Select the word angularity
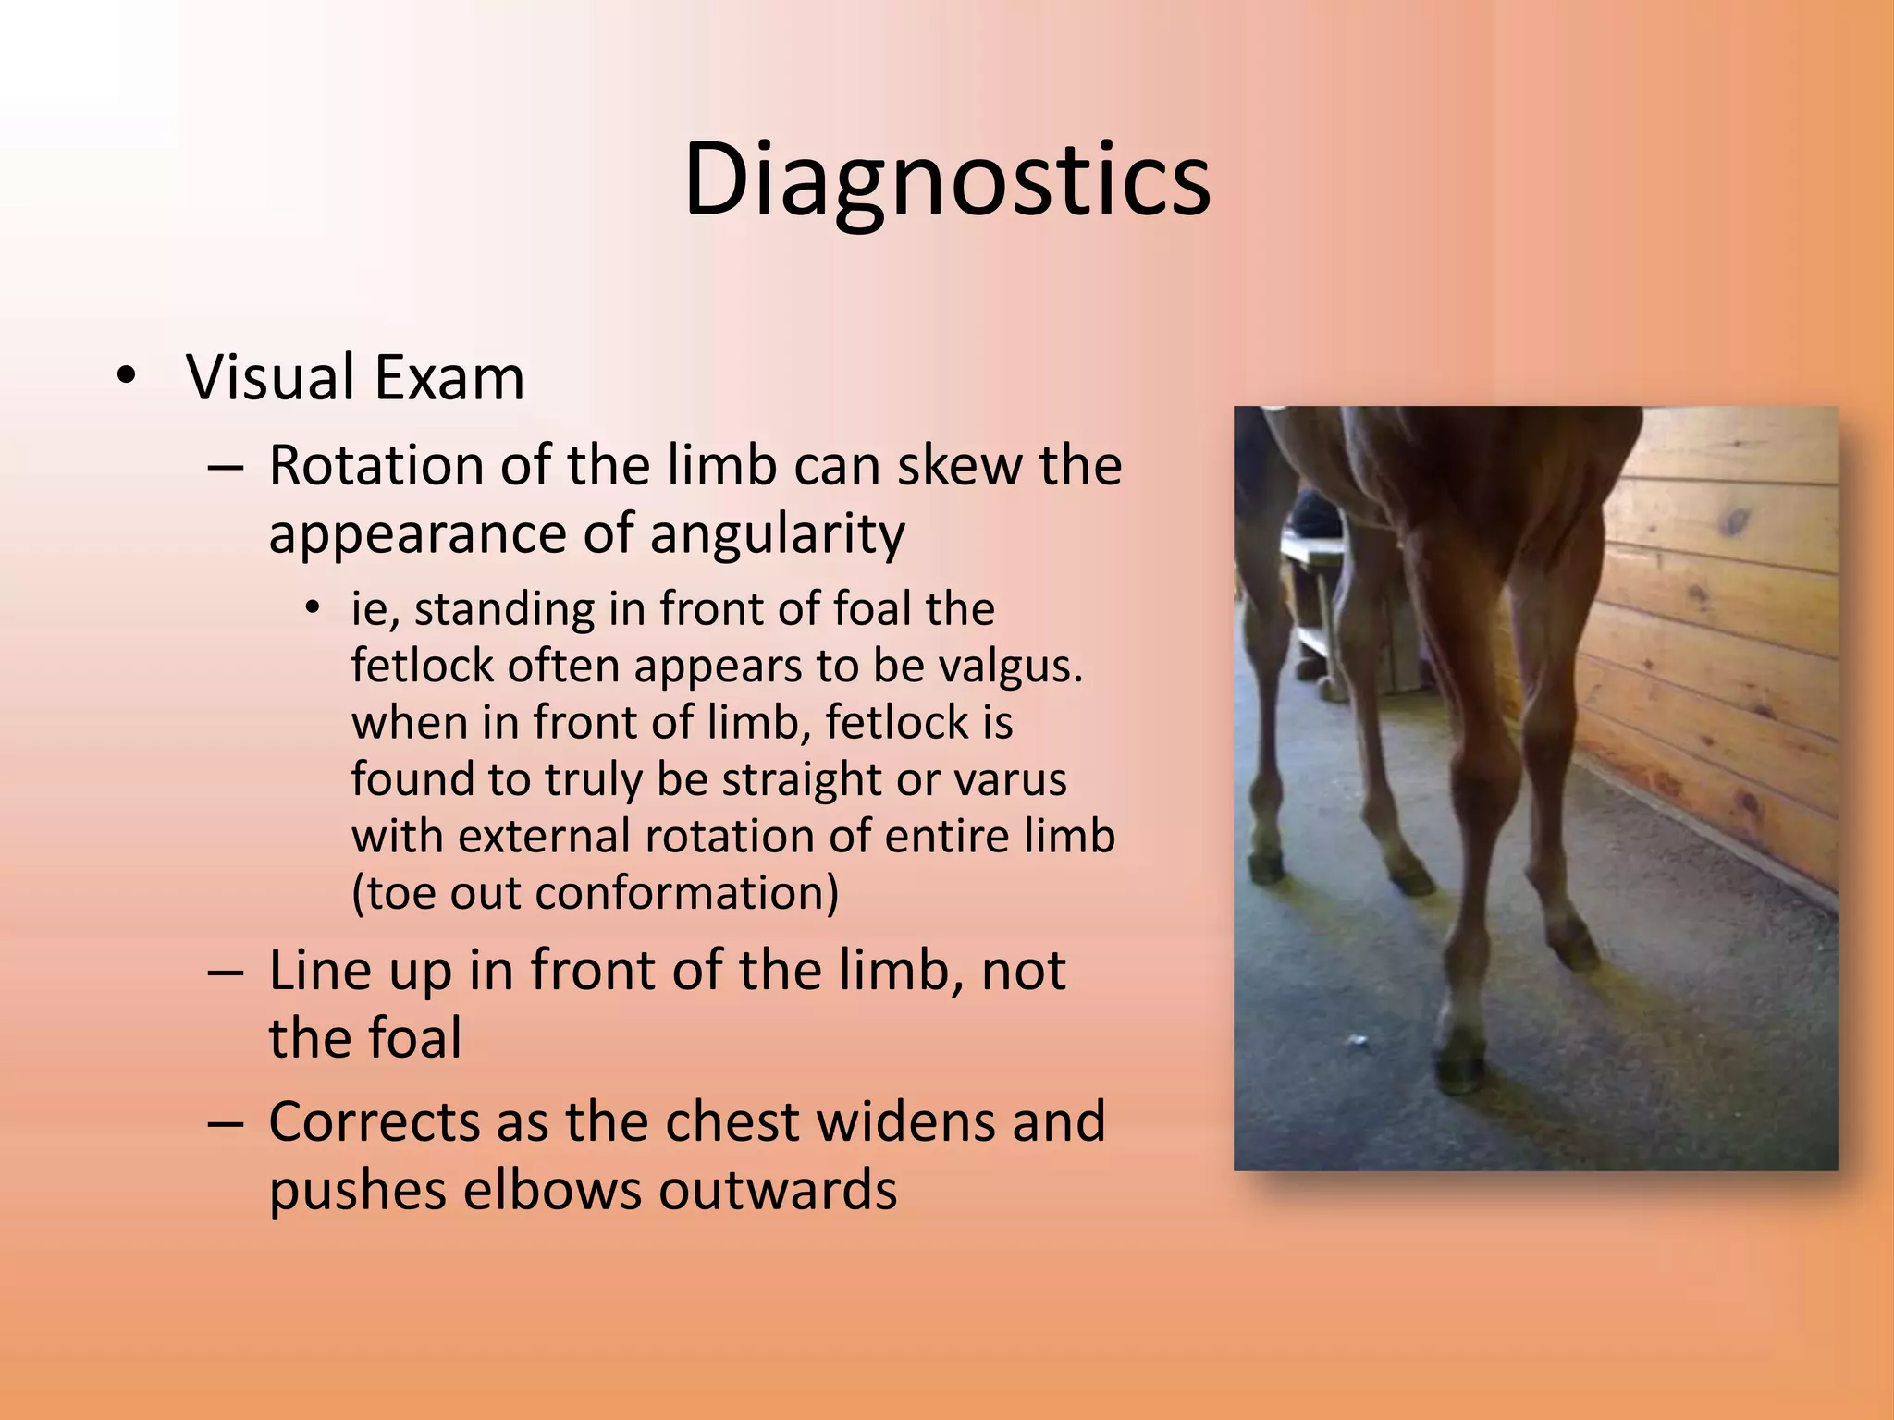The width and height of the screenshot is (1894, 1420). pyautogui.click(x=777, y=533)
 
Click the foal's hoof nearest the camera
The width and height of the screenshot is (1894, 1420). pyautogui.click(x=1461, y=1069)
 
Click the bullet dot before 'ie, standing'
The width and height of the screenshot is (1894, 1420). pyautogui.click(x=314, y=607)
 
